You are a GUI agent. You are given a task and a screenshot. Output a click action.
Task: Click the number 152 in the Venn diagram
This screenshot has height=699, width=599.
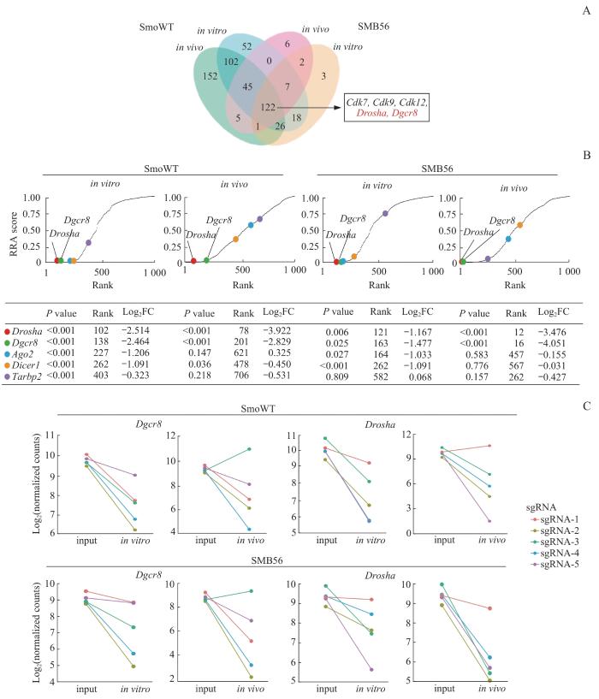(210, 76)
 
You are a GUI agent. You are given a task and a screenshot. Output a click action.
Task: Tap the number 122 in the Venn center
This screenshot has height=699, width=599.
(268, 107)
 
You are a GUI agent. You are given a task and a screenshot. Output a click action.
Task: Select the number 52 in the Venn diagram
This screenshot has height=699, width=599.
(246, 46)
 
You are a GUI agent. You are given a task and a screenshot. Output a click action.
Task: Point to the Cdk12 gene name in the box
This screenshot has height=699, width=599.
(413, 102)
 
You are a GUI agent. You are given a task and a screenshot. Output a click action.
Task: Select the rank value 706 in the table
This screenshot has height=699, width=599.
(241, 376)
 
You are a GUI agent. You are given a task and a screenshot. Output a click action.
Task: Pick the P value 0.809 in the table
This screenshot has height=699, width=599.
(337, 377)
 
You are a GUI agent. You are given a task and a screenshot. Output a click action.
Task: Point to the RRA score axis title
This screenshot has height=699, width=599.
(14, 234)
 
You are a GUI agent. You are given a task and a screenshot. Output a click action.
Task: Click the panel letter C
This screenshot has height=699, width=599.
(586, 406)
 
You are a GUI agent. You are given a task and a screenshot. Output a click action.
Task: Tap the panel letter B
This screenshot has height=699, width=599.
(586, 155)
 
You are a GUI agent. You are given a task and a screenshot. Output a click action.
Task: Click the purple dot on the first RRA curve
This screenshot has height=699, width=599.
(88, 242)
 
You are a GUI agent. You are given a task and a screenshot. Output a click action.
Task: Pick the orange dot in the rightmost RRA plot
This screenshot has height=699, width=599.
(519, 225)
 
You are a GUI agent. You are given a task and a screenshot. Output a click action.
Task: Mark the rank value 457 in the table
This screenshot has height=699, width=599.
(516, 355)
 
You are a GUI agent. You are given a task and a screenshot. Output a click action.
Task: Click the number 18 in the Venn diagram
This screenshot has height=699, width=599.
(297, 118)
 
